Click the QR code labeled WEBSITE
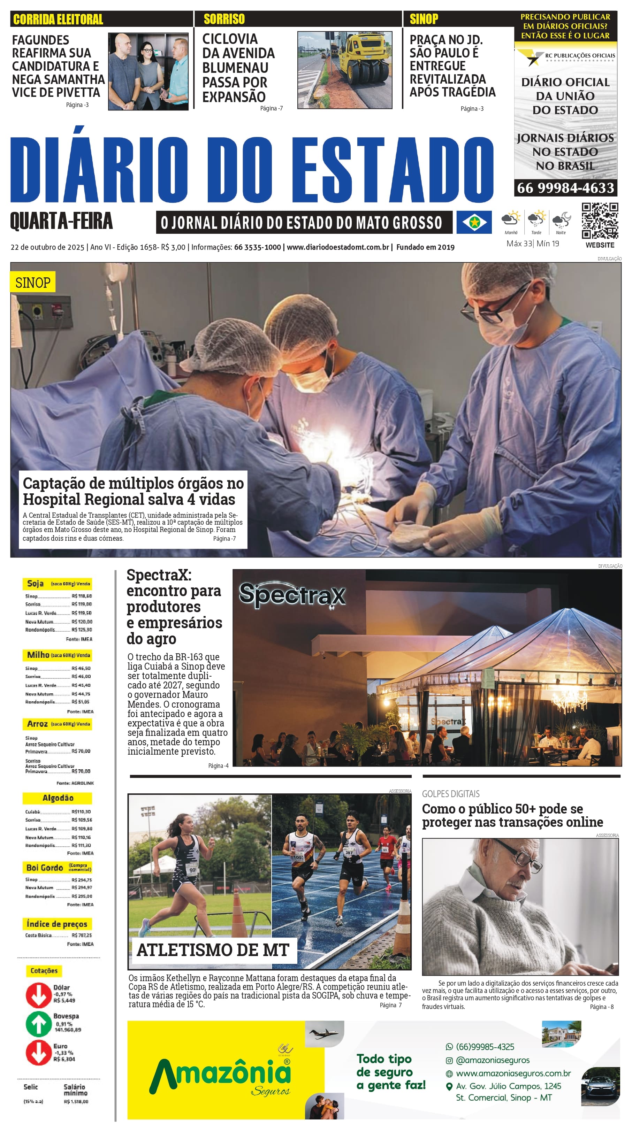[x=600, y=221]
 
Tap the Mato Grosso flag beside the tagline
[x=474, y=222]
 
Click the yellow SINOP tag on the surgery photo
[x=32, y=283]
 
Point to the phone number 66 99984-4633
[x=565, y=188]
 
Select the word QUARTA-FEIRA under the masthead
[x=61, y=221]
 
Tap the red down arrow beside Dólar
[x=38, y=995]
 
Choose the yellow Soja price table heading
[x=57, y=584]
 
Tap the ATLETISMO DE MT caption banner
[x=213, y=950]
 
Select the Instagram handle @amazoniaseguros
[x=492, y=1060]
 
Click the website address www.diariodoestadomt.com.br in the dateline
[x=338, y=247]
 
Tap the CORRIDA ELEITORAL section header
[x=58, y=19]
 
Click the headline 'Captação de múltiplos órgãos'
[x=133, y=491]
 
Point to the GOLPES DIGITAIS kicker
[x=450, y=794]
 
